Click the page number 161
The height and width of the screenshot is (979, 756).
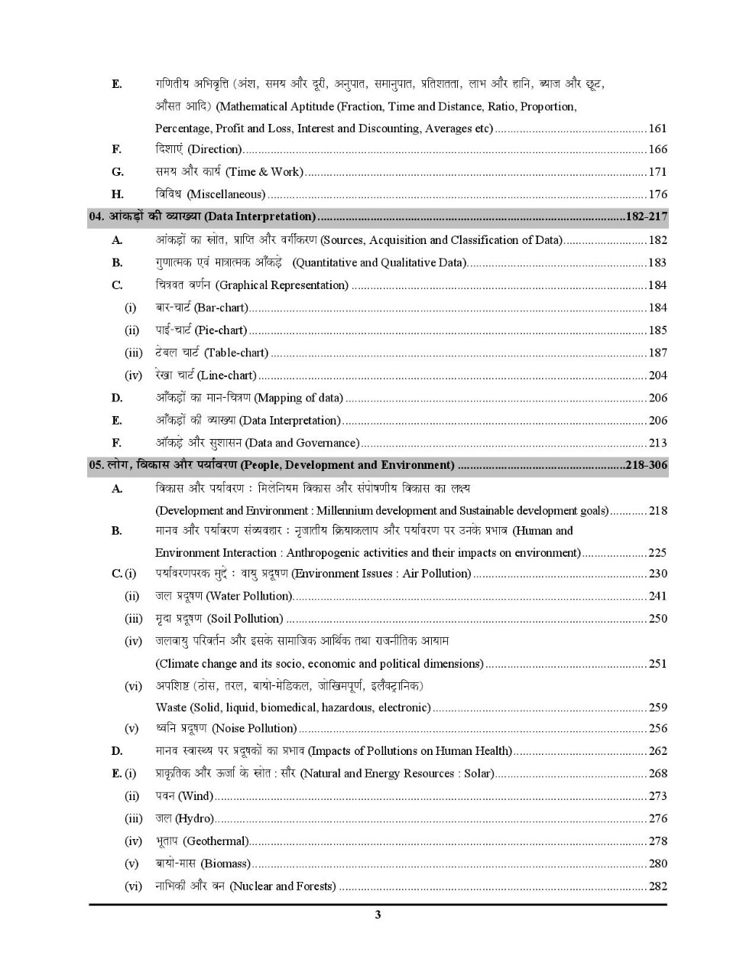click(657, 128)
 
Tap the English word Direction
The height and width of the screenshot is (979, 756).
click(216, 149)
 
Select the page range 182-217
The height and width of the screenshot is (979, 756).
click(646, 216)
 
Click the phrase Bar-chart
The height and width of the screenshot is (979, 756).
click(222, 307)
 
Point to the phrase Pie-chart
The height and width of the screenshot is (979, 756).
click(222, 330)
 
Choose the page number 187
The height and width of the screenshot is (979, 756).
click(657, 353)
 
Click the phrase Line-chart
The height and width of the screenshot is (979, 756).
click(228, 376)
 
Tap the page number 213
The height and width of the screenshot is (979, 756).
click(657, 443)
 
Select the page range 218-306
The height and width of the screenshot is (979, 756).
click(646, 465)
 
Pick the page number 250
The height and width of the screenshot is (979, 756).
click(657, 619)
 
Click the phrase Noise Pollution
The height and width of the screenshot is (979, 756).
click(255, 729)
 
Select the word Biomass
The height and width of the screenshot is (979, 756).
click(226, 864)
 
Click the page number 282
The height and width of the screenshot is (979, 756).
click(657, 886)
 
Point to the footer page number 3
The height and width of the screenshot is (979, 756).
click(378, 915)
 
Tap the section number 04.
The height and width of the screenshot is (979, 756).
click(96, 216)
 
